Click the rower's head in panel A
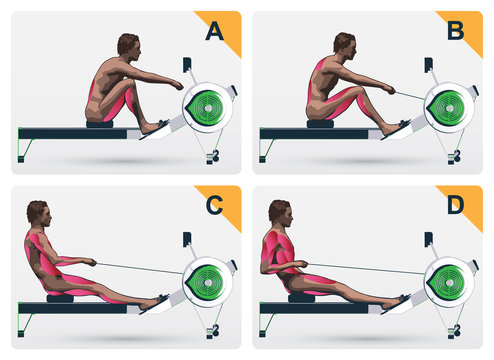128,46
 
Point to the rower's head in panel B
345,44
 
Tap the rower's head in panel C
37,213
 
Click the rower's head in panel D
279,213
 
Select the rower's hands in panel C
91,263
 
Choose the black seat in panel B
320,123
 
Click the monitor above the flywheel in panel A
187,67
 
